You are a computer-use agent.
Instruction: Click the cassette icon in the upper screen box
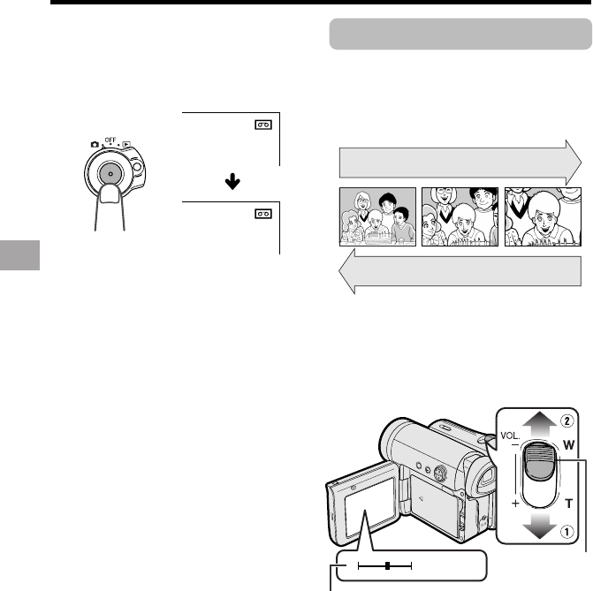point(262,125)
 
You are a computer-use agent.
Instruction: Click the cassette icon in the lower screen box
point(262,213)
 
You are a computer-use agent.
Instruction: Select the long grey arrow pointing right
point(460,164)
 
